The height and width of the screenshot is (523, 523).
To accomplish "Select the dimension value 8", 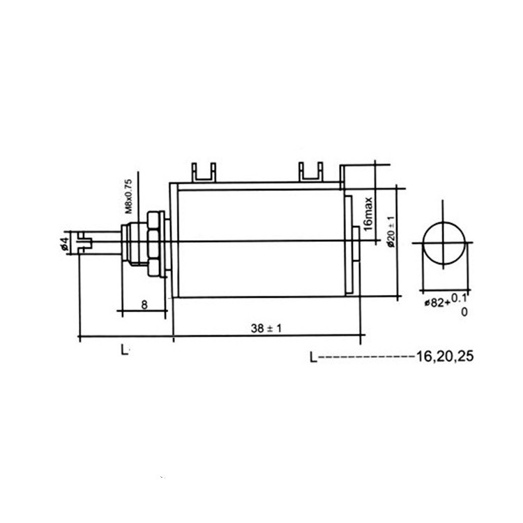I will click(143, 304).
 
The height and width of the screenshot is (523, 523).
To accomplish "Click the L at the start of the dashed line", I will click(313, 357).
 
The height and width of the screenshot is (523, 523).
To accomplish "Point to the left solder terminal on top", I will click(202, 171).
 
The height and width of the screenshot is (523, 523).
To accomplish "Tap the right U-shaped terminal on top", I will click(310, 171).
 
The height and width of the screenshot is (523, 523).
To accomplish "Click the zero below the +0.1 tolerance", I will click(464, 312).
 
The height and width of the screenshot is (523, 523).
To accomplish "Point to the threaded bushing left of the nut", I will click(130, 243).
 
